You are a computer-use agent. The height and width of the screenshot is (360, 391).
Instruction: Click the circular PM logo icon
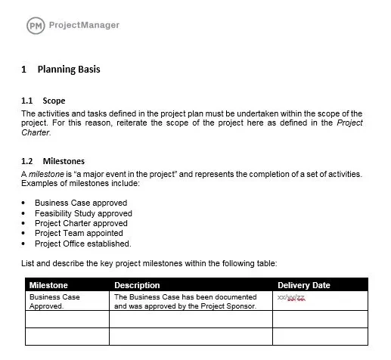point(36,26)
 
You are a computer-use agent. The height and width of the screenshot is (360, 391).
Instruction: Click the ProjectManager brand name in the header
point(83,26)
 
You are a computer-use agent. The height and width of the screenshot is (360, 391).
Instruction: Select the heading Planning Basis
point(69,70)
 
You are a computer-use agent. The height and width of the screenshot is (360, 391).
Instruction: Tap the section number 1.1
point(27,101)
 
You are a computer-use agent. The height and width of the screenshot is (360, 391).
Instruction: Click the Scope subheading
point(54,101)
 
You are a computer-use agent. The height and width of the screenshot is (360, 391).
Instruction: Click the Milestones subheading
point(64,161)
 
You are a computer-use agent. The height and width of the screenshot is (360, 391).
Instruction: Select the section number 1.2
point(27,161)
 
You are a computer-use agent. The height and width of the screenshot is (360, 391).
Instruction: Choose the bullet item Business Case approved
point(81,203)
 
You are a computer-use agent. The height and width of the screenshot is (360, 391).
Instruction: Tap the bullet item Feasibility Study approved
point(83,213)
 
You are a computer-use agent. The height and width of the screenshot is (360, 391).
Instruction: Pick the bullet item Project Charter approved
point(81,224)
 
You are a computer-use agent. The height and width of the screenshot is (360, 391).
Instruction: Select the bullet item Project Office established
point(83,244)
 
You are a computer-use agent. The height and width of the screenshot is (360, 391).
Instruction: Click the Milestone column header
point(48,285)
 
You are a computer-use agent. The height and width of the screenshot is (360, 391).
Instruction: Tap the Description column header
point(137,285)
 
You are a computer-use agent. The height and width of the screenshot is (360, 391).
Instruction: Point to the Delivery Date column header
point(304,285)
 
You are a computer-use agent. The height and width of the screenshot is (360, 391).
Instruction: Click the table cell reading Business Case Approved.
point(54,301)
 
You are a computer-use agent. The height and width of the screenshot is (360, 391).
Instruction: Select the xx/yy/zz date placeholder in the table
point(291,298)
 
